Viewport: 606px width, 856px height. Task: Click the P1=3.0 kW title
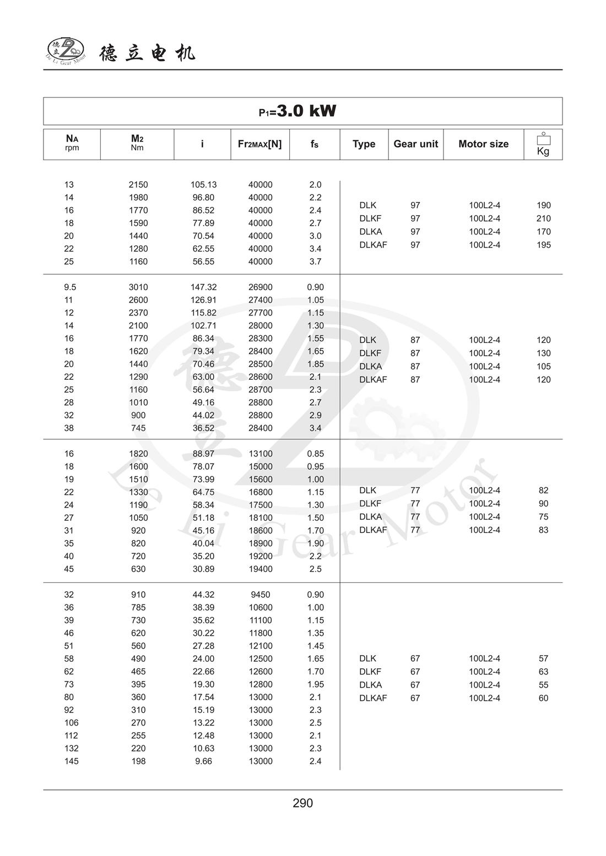point(297,111)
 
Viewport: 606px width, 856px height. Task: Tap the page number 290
point(302,803)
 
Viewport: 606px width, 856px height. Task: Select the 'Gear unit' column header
point(415,144)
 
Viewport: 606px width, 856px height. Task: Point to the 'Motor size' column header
point(483,144)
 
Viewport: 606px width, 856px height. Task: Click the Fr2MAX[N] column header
point(259,144)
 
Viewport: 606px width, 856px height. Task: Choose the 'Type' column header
point(364,144)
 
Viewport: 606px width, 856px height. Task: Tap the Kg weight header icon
point(543,144)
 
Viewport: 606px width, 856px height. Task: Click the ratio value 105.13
point(203,185)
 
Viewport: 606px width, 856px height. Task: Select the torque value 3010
point(138,287)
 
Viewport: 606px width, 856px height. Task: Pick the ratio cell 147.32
point(203,287)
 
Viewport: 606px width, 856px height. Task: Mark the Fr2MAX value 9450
point(260,595)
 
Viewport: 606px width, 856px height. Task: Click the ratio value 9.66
point(203,761)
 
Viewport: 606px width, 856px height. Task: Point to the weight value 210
point(543,219)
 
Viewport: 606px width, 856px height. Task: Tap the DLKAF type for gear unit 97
point(373,245)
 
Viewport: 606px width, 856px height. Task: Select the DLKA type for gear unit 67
point(370,685)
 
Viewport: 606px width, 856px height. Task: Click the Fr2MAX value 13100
point(260,454)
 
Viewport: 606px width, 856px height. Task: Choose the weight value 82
point(543,490)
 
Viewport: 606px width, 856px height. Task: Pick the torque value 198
point(138,761)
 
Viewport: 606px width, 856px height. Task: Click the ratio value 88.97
point(203,454)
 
